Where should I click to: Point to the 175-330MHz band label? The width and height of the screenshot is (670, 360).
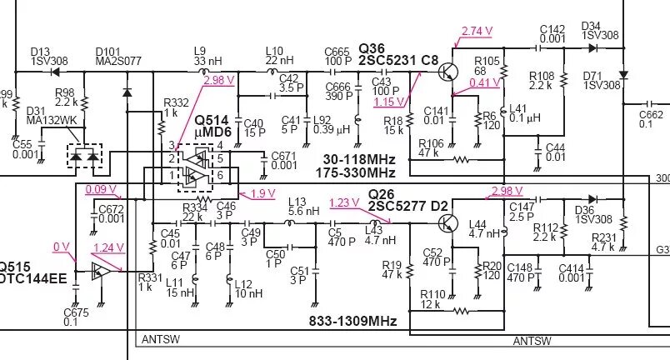click(356, 172)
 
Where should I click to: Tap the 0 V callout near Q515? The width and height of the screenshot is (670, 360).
click(61, 247)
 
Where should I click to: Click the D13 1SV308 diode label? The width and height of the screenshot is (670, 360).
click(47, 56)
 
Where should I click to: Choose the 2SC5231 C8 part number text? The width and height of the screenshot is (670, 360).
click(398, 60)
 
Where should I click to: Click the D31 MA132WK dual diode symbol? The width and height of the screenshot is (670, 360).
click(83, 156)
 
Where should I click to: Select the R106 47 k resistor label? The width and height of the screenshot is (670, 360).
click(431, 148)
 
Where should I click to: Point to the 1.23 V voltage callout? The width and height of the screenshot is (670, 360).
click(344, 202)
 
